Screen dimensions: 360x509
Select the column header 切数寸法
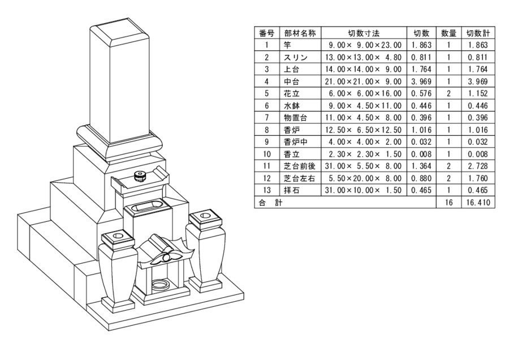(x=364, y=33)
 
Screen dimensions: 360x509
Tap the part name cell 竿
(x=288, y=45)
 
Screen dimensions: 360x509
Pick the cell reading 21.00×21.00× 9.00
(x=364, y=82)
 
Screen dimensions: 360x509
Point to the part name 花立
(x=291, y=93)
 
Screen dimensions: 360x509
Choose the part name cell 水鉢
(x=291, y=105)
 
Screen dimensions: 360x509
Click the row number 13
(x=266, y=190)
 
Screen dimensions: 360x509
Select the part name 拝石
(x=291, y=190)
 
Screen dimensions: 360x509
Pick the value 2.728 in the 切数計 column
(x=476, y=166)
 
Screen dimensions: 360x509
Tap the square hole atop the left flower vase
(x=118, y=234)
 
